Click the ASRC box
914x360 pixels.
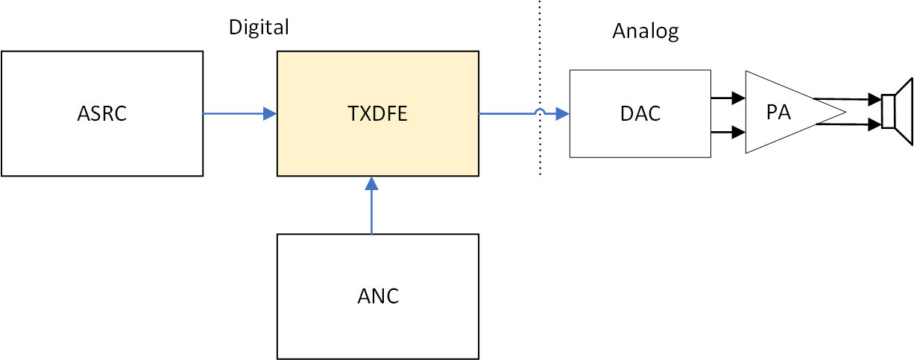[x=102, y=113]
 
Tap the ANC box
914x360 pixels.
[x=377, y=296]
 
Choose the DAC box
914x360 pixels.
[x=640, y=113]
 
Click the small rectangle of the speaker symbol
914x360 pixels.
[x=888, y=112]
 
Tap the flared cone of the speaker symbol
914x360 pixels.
[x=904, y=111]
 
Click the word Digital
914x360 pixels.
[x=258, y=28]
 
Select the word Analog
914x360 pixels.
[x=646, y=31]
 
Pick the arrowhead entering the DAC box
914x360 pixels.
[x=564, y=113]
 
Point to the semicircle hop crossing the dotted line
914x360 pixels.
[x=540, y=112]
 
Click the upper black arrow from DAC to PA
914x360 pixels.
[x=728, y=97]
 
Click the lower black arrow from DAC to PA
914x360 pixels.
[x=728, y=133]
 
